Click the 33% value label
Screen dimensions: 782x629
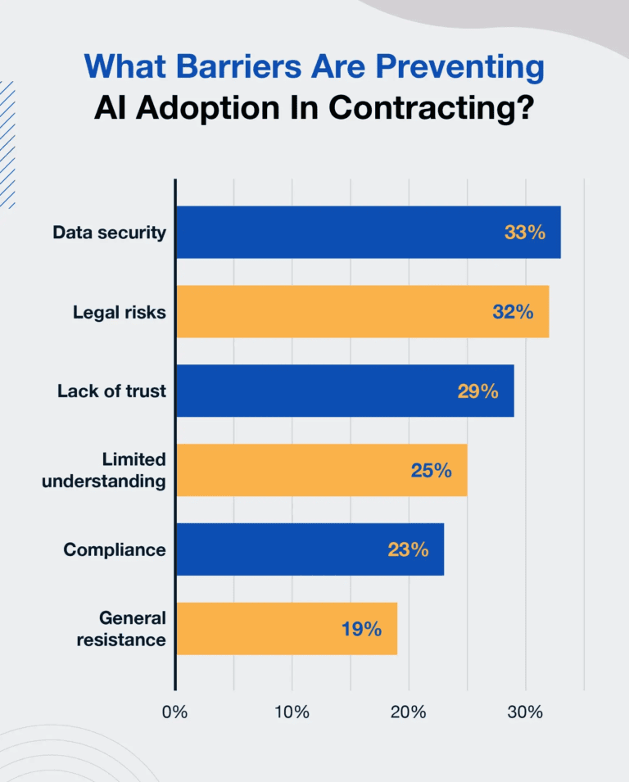click(x=525, y=233)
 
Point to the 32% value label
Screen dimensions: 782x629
click(x=514, y=312)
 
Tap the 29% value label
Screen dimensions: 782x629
click(x=478, y=391)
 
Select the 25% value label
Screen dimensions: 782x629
click(x=432, y=470)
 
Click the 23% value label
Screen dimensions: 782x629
click(x=408, y=549)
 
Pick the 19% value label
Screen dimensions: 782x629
click(x=361, y=629)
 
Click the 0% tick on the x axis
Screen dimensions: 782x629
click(x=175, y=712)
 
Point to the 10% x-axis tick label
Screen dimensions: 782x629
click(x=292, y=712)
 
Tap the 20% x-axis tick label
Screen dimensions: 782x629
click(x=409, y=712)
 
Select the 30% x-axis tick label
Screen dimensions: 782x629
click(x=525, y=712)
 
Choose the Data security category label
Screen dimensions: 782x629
click(x=109, y=233)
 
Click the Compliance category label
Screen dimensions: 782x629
click(x=115, y=549)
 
